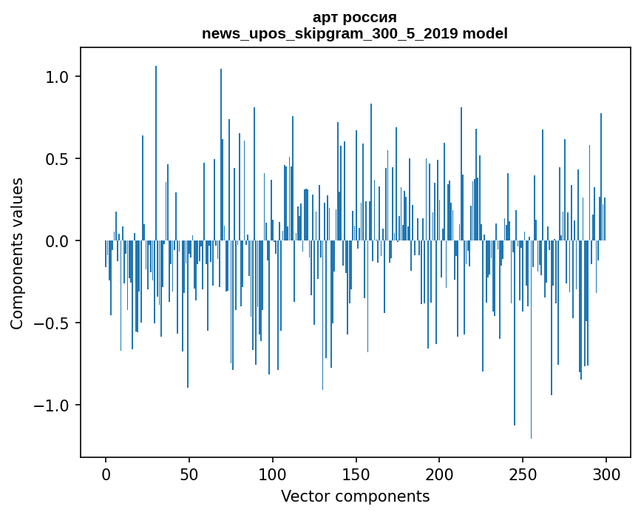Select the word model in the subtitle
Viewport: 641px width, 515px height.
486,33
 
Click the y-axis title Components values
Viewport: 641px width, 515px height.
17,253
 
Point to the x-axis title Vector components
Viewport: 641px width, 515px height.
355,496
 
